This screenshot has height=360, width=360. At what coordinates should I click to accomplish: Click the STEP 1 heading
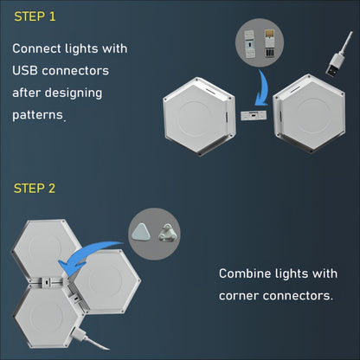click(37, 16)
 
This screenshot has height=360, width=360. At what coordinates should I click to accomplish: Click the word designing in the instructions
click(80, 92)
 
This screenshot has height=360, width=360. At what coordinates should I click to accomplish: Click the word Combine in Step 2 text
click(247, 274)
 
